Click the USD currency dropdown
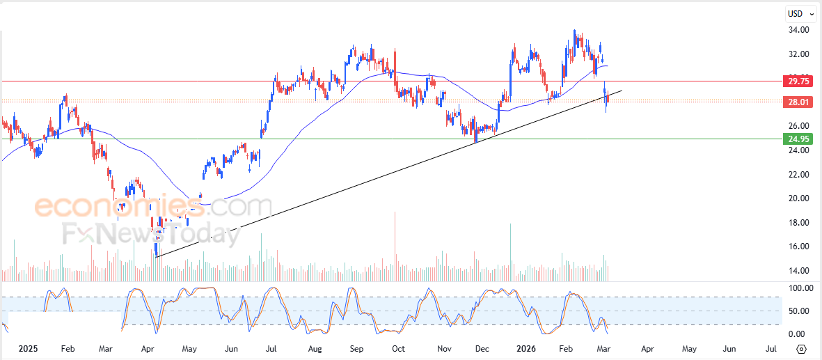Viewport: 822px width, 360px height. [x=800, y=13]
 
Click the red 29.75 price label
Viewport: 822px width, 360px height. [x=797, y=81]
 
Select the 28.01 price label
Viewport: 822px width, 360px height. [x=797, y=102]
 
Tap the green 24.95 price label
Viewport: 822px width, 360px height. [x=797, y=139]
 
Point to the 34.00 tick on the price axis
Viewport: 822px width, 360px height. [x=798, y=30]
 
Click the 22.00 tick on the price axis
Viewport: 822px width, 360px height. [x=798, y=174]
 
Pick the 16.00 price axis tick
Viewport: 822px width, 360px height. [x=798, y=246]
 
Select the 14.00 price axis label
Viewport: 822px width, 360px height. [x=798, y=271]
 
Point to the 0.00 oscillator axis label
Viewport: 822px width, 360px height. [x=796, y=334]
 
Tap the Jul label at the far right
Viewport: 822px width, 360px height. [x=771, y=347]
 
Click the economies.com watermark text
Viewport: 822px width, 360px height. [x=153, y=207]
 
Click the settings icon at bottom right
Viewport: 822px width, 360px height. [x=801, y=349]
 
